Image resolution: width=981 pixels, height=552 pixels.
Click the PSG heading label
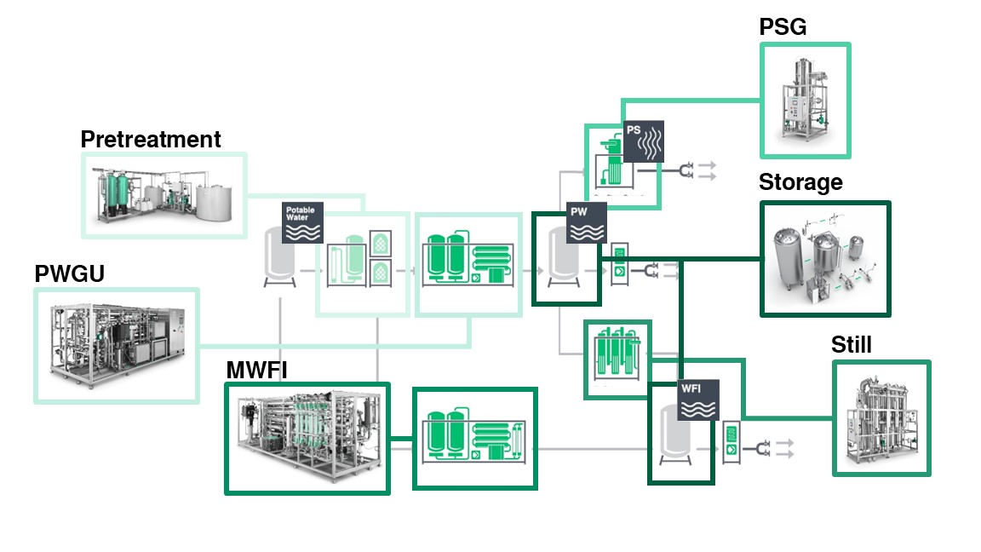(783, 27)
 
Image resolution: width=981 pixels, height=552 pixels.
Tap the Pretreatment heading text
(151, 139)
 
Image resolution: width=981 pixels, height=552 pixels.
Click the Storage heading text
(800, 182)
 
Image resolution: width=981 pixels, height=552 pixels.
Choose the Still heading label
(851, 345)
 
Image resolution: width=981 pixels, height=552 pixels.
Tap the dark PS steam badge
(644, 141)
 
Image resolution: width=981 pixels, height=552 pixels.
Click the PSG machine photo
(805, 100)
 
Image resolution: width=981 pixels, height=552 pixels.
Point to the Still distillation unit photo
(881, 418)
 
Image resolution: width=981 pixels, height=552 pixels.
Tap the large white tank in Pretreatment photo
(213, 202)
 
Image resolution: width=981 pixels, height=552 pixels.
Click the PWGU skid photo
(117, 346)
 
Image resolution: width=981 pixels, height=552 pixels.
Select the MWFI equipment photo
(307, 438)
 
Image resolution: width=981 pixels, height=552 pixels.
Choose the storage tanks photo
(823, 258)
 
